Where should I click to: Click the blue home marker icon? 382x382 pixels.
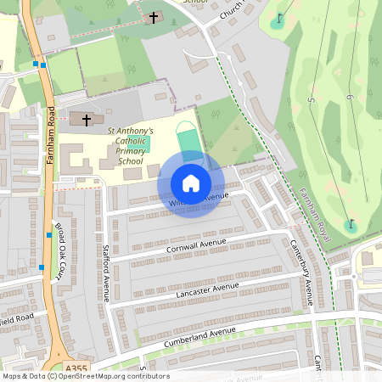point(191,183)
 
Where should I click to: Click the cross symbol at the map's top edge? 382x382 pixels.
point(154,17)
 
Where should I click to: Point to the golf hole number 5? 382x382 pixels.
point(311,102)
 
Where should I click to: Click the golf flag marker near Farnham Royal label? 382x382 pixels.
point(350,224)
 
